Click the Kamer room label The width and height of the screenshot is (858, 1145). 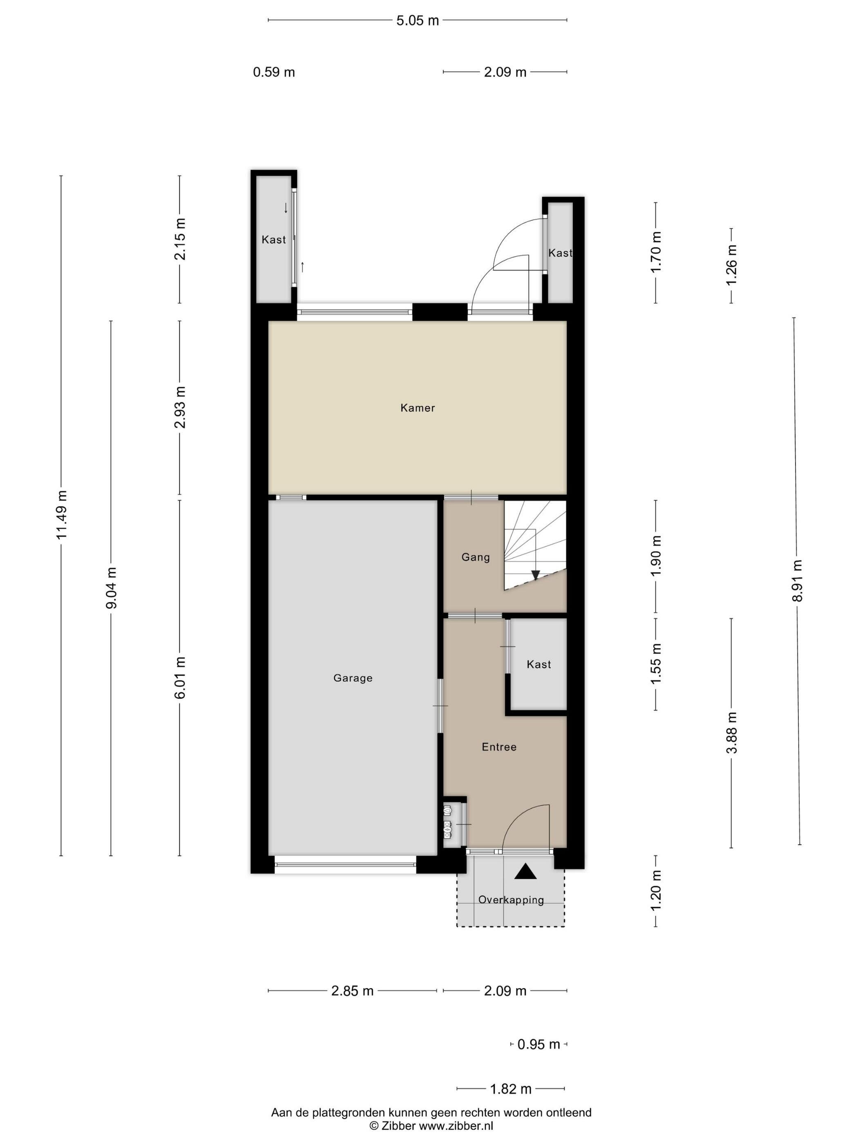coord(418,408)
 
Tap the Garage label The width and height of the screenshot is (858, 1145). coord(353,678)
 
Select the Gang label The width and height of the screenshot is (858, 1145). coord(475,557)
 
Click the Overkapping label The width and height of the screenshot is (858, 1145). coord(510,900)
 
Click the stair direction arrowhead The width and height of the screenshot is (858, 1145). coord(535,575)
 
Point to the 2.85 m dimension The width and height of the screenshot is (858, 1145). coord(352,991)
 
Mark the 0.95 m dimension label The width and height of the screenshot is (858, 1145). coord(538,1044)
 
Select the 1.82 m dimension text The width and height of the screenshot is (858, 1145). coord(510,1089)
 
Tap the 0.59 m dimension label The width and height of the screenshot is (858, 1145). coord(274,72)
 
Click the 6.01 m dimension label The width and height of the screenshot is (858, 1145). coord(180,677)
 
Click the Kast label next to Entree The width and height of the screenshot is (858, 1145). coord(538,664)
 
